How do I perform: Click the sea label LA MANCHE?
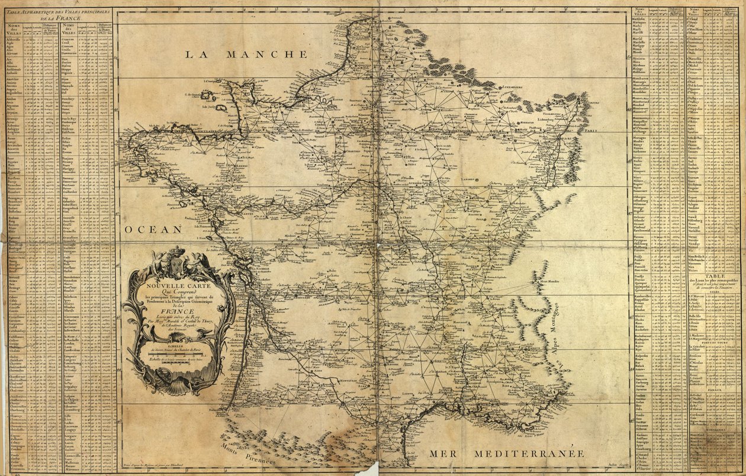(x=246, y=54)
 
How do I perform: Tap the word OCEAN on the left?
(x=153, y=229)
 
